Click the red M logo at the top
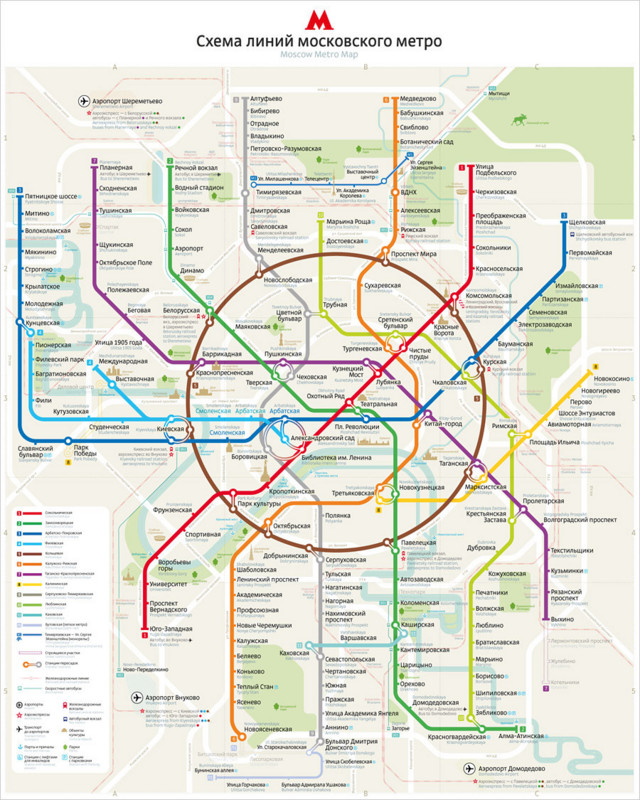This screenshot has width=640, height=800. (x=319, y=17)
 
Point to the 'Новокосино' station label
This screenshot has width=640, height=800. (x=611, y=379)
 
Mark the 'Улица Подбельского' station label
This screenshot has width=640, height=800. (x=496, y=170)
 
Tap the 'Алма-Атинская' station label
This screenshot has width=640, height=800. (x=519, y=735)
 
